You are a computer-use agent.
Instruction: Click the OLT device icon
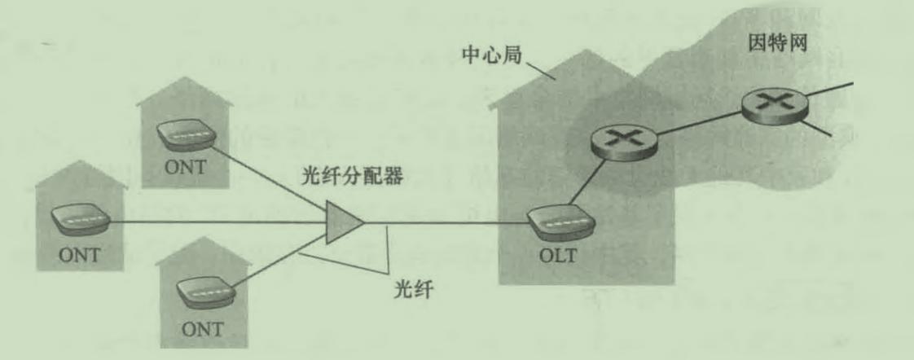pos(559,222)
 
